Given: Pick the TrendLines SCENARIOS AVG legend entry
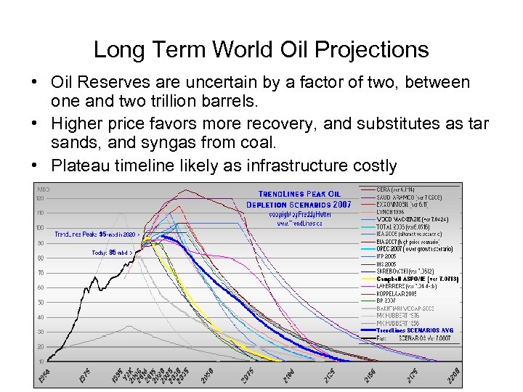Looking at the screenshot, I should pos(416,330).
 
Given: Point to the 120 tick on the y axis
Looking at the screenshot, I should pos(41,198).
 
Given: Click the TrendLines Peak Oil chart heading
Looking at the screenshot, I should pos(299,194).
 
